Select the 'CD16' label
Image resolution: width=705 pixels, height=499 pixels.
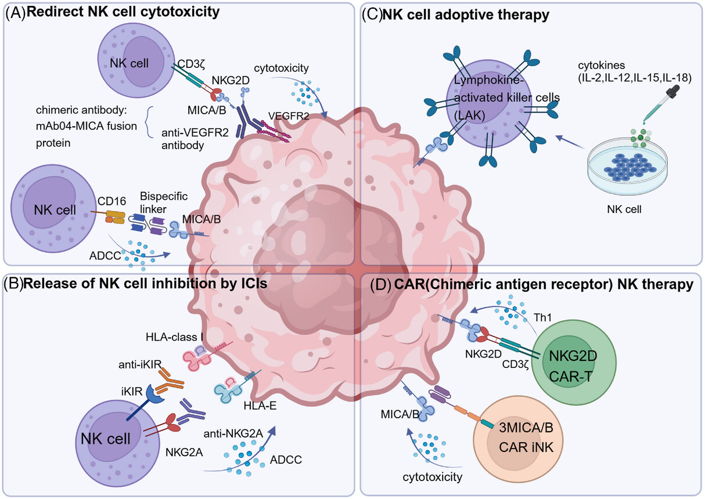coord(109,203)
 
